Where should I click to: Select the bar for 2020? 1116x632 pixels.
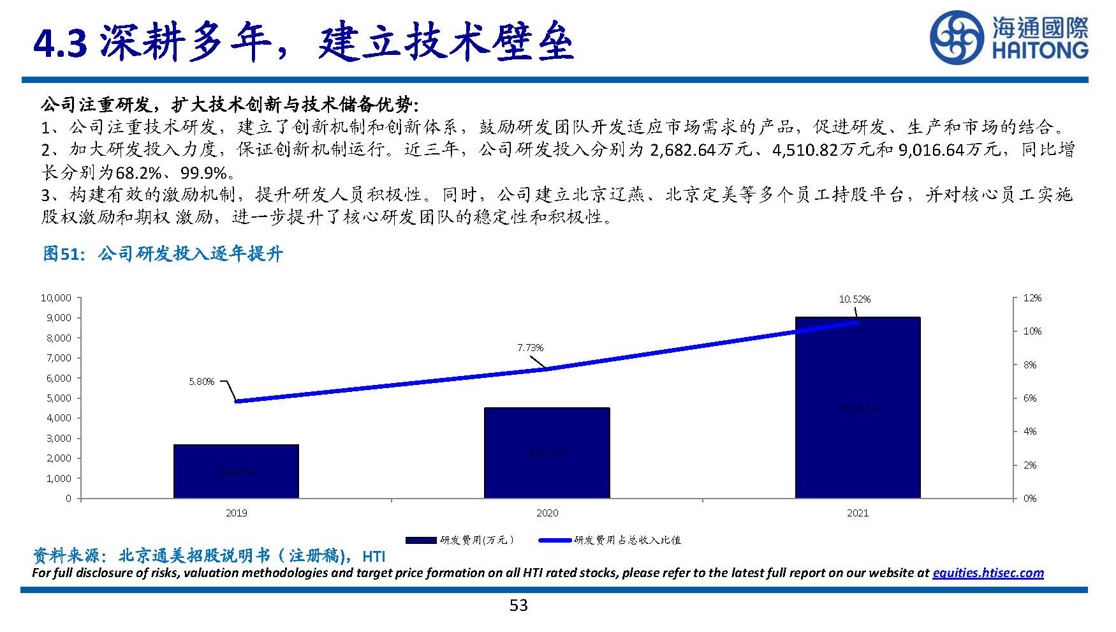coord(547,453)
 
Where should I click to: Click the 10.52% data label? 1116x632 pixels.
coord(855,299)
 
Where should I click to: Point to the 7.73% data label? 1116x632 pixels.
coord(530,348)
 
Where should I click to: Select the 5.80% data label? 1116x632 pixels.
coord(202,382)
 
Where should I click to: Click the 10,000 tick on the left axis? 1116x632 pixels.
coord(56,298)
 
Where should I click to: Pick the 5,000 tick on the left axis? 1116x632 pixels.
coord(59,398)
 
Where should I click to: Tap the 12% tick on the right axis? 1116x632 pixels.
coord(1032,298)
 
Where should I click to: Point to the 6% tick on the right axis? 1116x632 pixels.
coord(1030,398)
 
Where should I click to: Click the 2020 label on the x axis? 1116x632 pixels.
coord(547,513)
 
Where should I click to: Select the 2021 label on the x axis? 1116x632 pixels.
coord(857,513)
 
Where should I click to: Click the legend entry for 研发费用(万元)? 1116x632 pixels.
coord(459,540)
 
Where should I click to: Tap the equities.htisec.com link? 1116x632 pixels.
coord(988,573)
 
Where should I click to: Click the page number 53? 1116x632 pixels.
coord(518,605)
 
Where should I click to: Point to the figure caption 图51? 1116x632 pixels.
coord(62,254)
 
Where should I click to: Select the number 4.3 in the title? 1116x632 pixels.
coord(60,43)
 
